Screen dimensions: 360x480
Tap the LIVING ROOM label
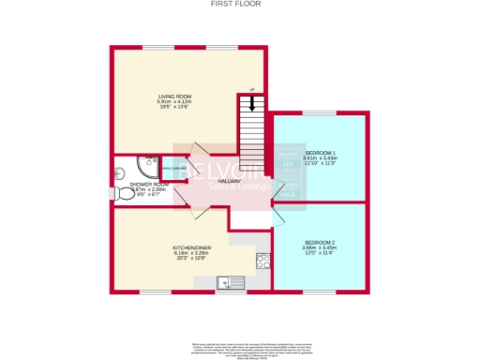pos(174,96)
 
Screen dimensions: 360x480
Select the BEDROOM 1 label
pos(320,152)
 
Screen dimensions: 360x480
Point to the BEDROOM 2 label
pos(320,242)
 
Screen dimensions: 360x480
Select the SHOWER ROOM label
pos(149,184)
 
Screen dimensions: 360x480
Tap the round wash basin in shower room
pos(118,173)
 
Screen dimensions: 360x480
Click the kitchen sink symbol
pos(225,281)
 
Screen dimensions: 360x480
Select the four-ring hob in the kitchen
pos(263,262)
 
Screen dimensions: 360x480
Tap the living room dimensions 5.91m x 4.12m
pos(174,101)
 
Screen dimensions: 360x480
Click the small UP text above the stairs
pos(250,90)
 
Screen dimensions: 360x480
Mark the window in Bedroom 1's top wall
pos(320,113)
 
